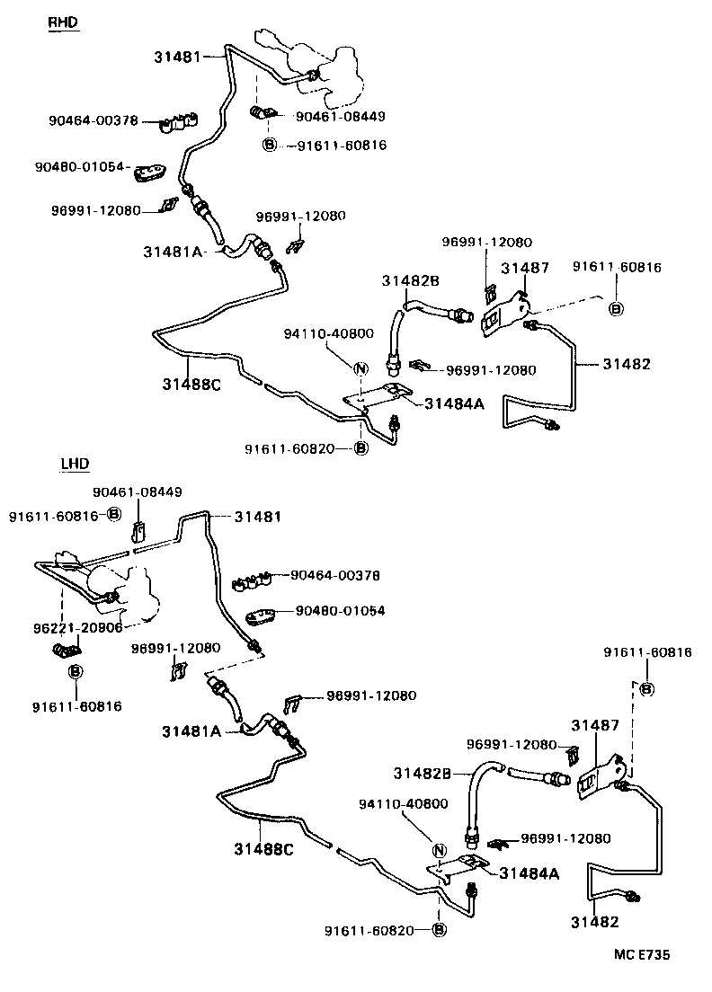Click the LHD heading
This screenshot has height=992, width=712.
(x=76, y=465)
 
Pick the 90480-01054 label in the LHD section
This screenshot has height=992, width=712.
(x=340, y=611)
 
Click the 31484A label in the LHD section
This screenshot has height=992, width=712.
(x=530, y=872)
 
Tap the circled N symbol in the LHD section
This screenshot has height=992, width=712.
(x=440, y=851)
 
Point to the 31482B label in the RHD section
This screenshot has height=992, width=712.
(x=410, y=280)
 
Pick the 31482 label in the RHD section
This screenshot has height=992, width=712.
(x=626, y=364)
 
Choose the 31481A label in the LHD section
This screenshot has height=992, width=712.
(x=191, y=731)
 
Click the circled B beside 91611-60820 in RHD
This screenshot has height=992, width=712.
(x=360, y=447)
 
